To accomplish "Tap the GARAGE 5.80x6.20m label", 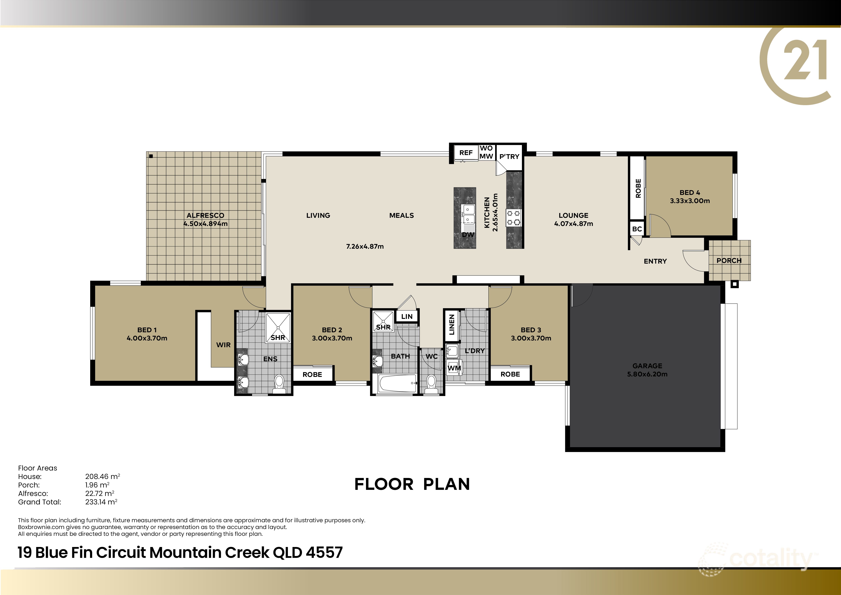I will pos(647,370).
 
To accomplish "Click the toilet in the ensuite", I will pos(279,383).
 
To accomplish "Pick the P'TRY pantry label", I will pos(509,156).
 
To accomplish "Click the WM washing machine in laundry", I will pos(454,368).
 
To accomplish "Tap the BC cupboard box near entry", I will pos(637,229).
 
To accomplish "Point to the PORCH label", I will pos(729,261).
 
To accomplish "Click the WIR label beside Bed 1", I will pos(223,345).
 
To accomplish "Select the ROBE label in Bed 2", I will pos(312,375).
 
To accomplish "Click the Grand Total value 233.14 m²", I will pos(101,502).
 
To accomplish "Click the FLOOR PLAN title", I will pos(412,484).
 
